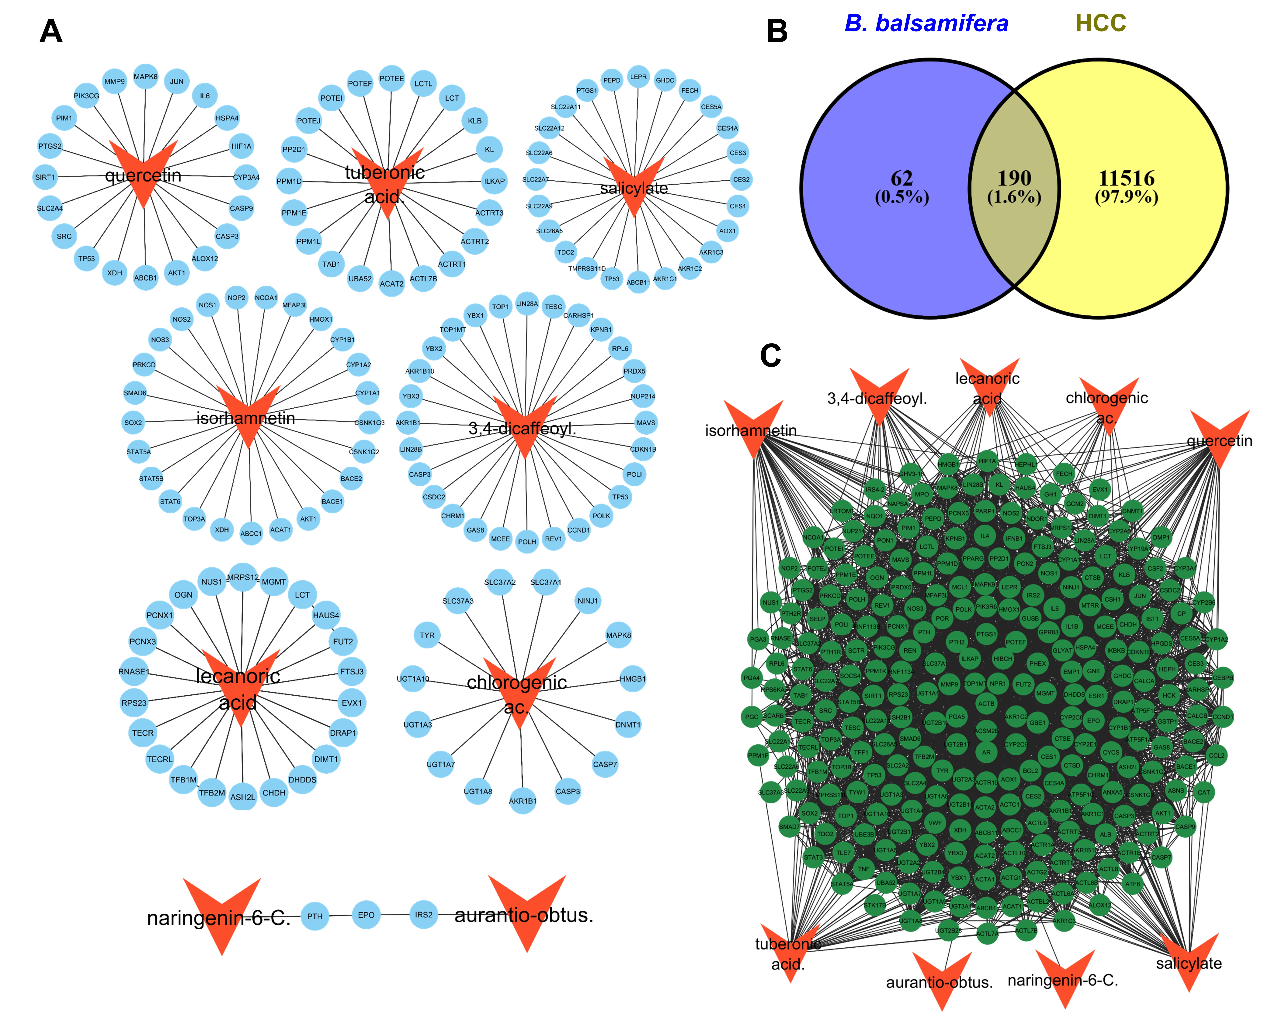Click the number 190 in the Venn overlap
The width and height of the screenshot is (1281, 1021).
[x=1014, y=178]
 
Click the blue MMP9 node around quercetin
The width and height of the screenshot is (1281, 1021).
[x=115, y=81]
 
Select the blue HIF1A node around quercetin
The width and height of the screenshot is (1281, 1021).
[x=241, y=146]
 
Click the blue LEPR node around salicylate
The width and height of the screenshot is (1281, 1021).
[x=638, y=77]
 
